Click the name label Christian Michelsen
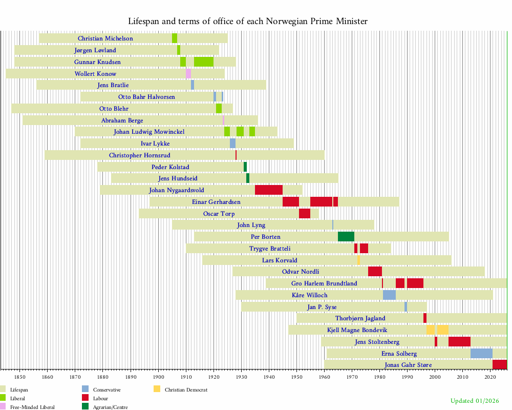pyautogui.click(x=105, y=38)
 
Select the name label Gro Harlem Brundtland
pyautogui.click(x=324, y=283)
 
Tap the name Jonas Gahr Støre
pyautogui.click(x=408, y=365)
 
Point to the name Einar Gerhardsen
pyautogui.click(x=216, y=202)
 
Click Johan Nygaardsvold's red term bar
pyautogui.click(x=268, y=190)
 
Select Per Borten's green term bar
pyautogui.click(x=346, y=237)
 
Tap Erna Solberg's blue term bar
pyautogui.click(x=481, y=354)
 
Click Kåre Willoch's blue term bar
pyautogui.click(x=389, y=295)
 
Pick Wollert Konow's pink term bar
pyautogui.click(x=188, y=74)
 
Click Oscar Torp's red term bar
pyautogui.click(x=304, y=214)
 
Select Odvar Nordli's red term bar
pyautogui.click(x=375, y=272)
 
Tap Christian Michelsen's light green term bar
pyautogui.click(x=175, y=38)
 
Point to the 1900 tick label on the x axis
pyautogui.click(x=158, y=378)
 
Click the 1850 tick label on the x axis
pyautogui.click(x=20, y=378)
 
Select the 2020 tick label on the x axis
pyautogui.click(x=490, y=378)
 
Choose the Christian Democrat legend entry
pyautogui.click(x=186, y=390)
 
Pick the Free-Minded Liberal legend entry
pyautogui.click(x=32, y=407)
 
